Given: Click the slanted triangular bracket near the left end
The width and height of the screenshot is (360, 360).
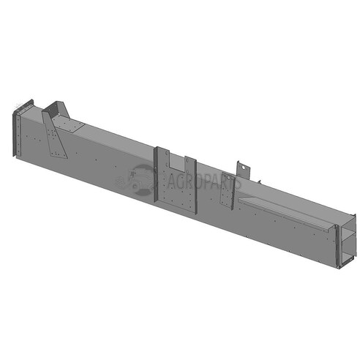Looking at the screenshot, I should (x=55, y=135).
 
